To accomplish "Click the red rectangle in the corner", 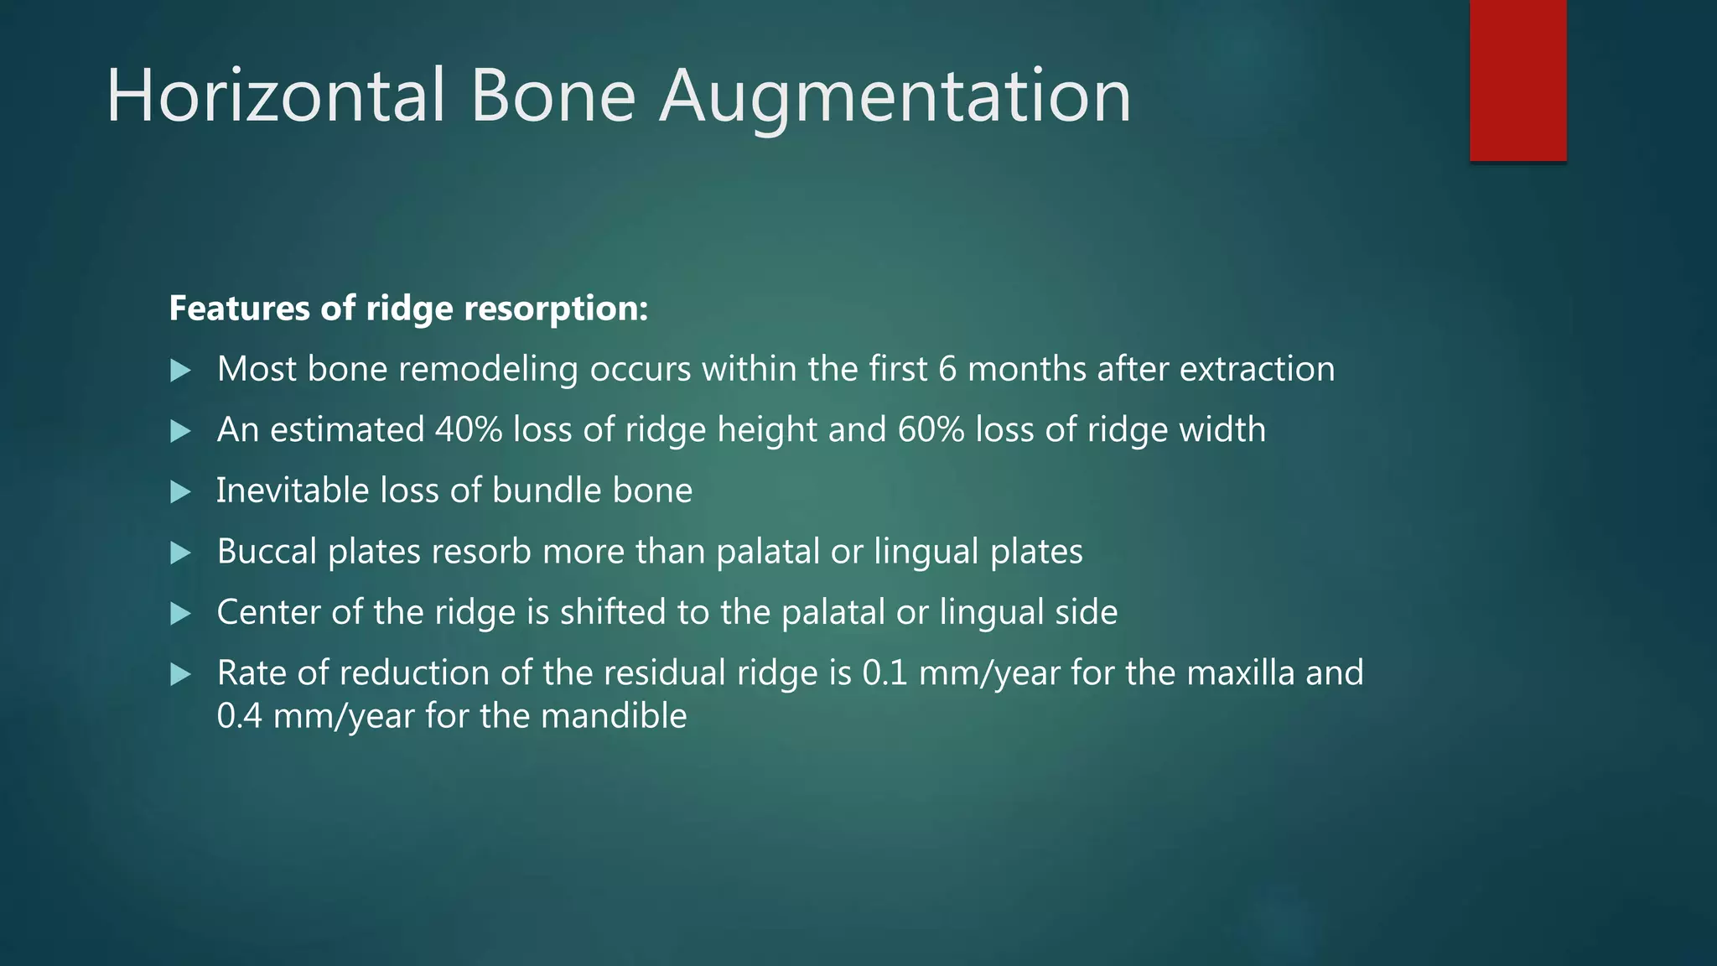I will pos(1517,80).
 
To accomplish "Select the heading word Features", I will pos(239,309).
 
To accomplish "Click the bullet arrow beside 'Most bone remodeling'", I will pos(180,371).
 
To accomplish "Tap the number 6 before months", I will pos(947,370).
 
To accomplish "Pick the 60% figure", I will pos(931,430).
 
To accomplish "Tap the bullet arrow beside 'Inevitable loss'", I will pos(180,492).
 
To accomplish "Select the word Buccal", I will pos(267,552).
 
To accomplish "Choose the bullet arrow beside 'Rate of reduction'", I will pos(180,674).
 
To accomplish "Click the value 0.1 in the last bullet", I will pos(884,673).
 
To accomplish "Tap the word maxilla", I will pos(1241,673).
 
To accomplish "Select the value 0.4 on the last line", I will pos(239,717).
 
